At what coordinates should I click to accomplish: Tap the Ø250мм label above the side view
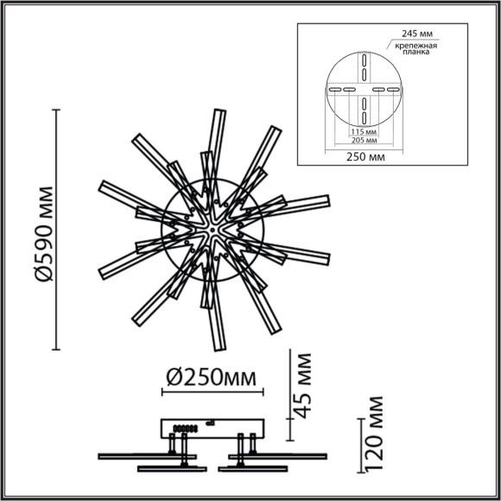pyautogui.click(x=215, y=377)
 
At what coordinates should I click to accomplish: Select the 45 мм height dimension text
pyautogui.click(x=301, y=384)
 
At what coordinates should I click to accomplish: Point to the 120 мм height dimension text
pyautogui.click(x=373, y=445)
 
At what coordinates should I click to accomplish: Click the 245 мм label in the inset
pyautogui.click(x=417, y=33)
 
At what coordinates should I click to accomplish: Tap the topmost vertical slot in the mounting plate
pyautogui.click(x=365, y=60)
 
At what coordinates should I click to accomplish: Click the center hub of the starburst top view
pyautogui.click(x=212, y=231)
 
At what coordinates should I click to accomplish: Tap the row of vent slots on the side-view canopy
pyautogui.click(x=182, y=427)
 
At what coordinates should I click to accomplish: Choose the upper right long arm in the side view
pyautogui.click(x=285, y=454)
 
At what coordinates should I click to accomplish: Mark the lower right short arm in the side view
pyautogui.click(x=250, y=468)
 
